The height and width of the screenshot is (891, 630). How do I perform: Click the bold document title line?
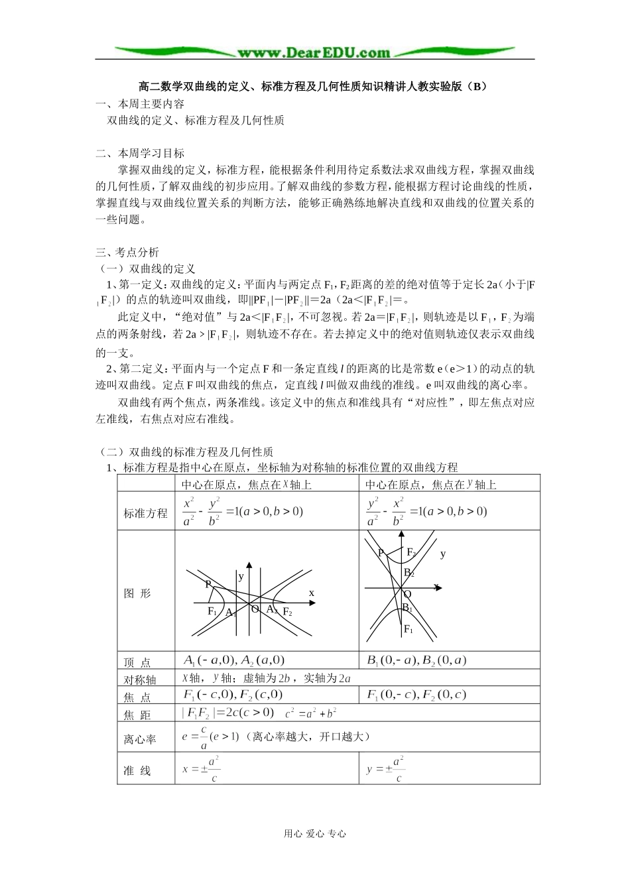[313, 86]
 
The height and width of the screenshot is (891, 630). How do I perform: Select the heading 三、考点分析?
[127, 253]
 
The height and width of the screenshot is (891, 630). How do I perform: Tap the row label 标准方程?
[146, 513]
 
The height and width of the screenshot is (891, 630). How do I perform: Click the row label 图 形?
[138, 593]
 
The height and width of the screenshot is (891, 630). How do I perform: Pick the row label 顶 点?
[137, 662]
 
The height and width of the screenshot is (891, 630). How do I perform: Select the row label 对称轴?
[140, 680]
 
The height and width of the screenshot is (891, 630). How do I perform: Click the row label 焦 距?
[137, 715]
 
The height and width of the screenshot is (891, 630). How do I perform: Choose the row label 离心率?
[140, 739]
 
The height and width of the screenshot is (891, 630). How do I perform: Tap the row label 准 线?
[137, 771]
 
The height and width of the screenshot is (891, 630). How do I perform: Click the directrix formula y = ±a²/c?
[385, 769]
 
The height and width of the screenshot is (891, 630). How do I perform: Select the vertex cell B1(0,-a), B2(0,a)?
[416, 660]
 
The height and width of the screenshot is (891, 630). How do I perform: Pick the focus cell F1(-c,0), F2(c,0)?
[233, 695]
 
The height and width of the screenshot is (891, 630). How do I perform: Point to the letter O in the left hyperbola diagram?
[254, 609]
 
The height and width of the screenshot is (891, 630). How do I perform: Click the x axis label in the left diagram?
[311, 592]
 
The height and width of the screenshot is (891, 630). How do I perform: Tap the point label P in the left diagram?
[208, 585]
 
